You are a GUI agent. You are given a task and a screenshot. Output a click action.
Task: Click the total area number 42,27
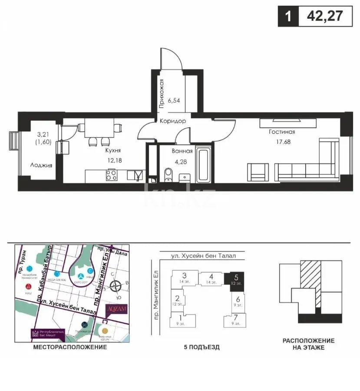coord(324,16)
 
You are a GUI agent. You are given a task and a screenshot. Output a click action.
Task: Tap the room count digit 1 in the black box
coord(288,17)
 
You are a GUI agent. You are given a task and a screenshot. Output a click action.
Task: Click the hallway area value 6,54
coord(174,99)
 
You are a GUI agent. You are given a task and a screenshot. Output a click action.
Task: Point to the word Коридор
coord(173,121)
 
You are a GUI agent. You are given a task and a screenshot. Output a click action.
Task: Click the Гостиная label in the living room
coord(282,132)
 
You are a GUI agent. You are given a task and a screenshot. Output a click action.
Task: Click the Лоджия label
coord(41,165)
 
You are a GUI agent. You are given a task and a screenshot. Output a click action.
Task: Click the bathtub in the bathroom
coord(204,166)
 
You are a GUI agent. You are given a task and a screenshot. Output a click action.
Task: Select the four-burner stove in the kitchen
coord(112,175)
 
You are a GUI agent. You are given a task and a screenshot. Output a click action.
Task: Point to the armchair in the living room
coord(258,172)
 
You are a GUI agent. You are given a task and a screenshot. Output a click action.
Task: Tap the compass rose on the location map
coord(116,286)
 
